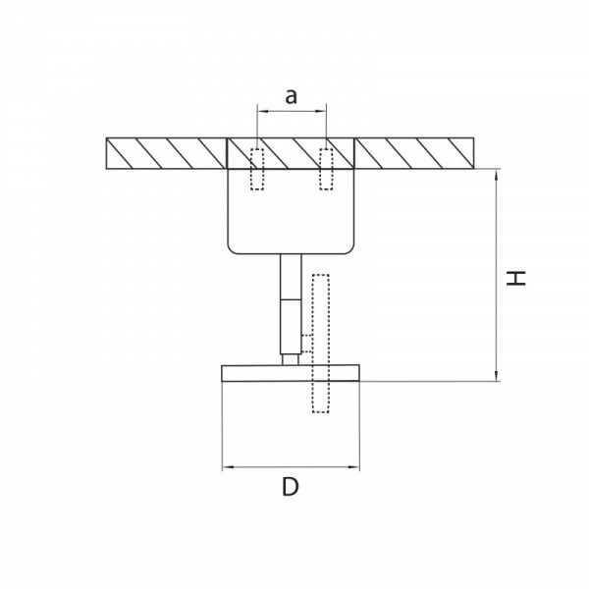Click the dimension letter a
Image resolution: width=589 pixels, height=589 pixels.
[x=292, y=97]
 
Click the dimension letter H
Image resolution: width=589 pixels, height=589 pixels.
[x=516, y=278]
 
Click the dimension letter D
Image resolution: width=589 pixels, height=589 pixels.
[x=291, y=487]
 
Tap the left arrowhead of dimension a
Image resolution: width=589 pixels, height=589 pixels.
[x=262, y=111]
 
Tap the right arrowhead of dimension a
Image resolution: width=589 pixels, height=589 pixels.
[x=321, y=111]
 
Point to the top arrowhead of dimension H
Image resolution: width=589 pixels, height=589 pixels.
[x=497, y=175]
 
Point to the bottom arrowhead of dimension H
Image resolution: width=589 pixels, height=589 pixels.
[x=497, y=375]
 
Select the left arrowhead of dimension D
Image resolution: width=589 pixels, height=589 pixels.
[x=228, y=467]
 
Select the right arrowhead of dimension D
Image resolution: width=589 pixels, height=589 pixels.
[x=353, y=467]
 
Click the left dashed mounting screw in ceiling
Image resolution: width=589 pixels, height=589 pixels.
[x=257, y=169]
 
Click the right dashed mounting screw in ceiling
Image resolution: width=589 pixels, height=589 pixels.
[x=326, y=169]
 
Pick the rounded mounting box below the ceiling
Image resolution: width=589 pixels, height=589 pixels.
[x=291, y=211]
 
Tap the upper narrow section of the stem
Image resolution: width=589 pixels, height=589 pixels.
[x=291, y=277]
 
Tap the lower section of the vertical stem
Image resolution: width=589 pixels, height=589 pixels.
[x=291, y=327]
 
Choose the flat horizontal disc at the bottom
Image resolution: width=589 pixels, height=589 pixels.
[x=291, y=373]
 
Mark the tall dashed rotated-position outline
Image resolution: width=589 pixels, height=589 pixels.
[x=321, y=344]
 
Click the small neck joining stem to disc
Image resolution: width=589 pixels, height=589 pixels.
[x=291, y=359]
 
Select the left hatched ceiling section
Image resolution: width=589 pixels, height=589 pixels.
[x=167, y=153]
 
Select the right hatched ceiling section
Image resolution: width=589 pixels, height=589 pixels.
[x=414, y=153]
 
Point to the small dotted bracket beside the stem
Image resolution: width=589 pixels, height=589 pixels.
[x=307, y=344]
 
